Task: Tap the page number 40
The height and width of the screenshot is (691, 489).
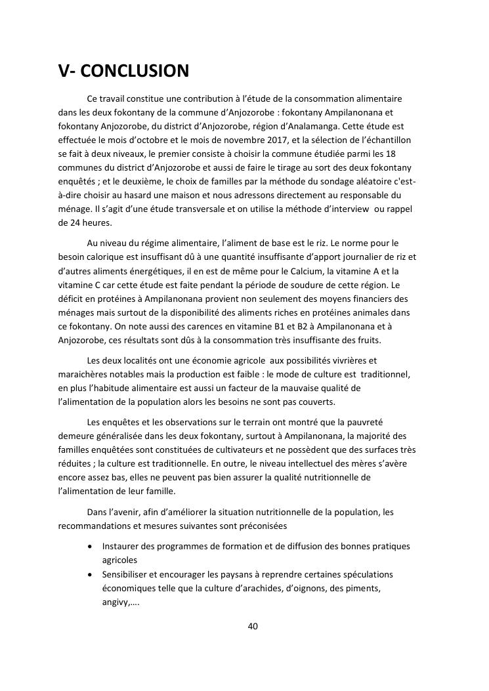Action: pos(253,626)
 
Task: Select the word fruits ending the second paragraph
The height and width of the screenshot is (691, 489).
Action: pos(375,340)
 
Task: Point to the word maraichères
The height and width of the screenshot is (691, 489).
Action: pos(82,374)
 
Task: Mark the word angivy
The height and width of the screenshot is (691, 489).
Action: pos(116,602)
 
